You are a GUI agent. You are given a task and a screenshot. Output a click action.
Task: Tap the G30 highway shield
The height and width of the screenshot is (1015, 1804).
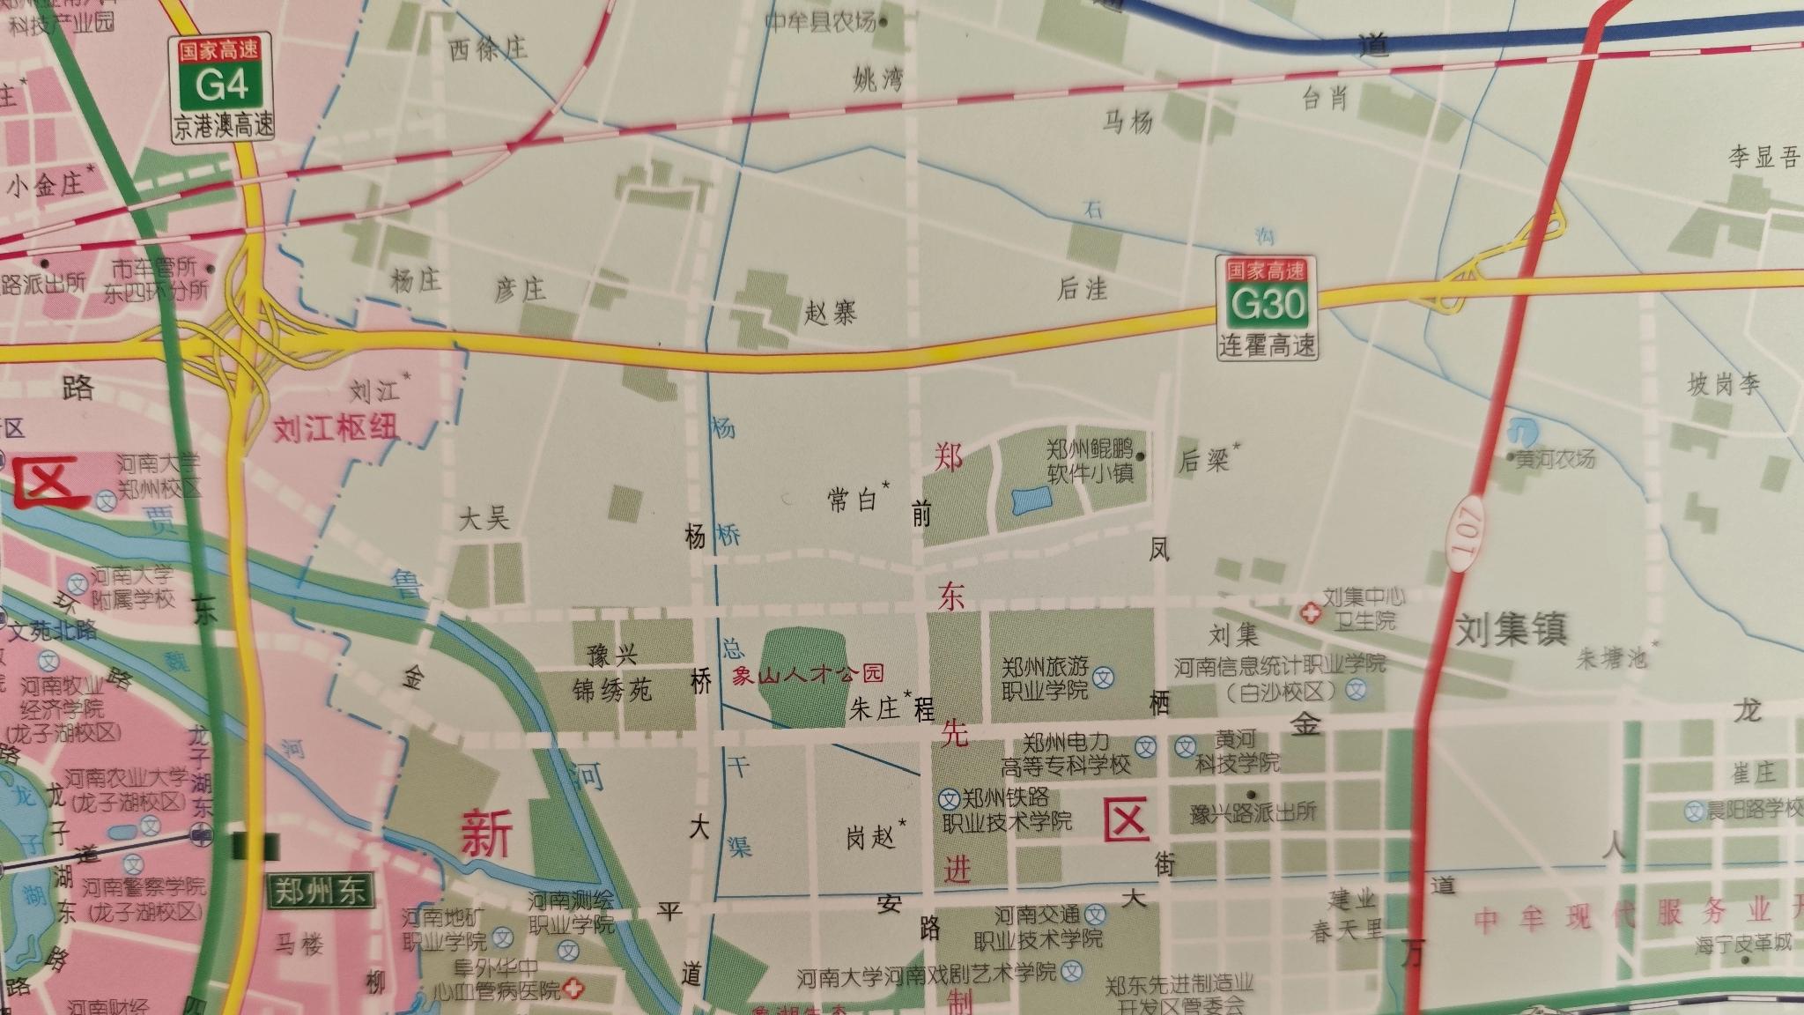click(x=1268, y=304)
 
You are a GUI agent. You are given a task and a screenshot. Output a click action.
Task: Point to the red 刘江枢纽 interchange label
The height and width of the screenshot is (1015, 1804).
click(x=335, y=428)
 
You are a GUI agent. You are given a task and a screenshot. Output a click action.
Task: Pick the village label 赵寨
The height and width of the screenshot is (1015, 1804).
click(x=830, y=312)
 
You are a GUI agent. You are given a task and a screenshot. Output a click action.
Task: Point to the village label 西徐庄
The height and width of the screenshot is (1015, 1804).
click(x=488, y=48)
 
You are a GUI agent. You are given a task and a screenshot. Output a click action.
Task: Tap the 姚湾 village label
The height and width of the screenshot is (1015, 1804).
click(x=878, y=81)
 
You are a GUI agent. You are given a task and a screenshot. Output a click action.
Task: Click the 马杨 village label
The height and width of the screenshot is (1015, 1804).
click(x=1127, y=121)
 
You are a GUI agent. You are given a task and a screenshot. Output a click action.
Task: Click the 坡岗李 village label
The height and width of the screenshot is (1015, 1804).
click(x=1724, y=384)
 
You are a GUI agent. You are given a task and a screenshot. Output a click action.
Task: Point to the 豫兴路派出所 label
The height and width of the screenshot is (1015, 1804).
click(x=1253, y=812)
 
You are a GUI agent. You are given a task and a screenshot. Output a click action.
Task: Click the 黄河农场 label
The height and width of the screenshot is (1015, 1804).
click(x=1556, y=458)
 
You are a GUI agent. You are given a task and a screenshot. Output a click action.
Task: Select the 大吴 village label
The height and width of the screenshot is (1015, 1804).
click(x=484, y=518)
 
